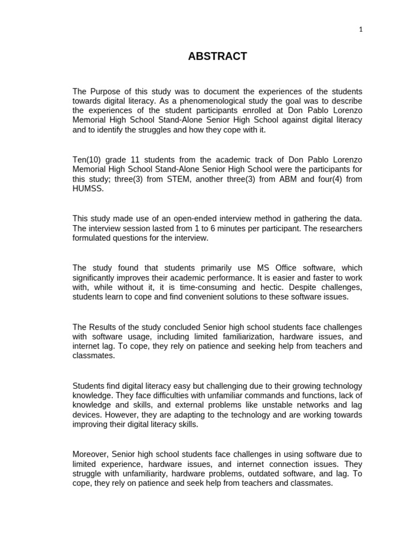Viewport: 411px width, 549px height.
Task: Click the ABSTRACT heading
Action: pos(217,56)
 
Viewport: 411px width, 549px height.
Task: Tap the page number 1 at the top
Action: pos(361,30)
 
